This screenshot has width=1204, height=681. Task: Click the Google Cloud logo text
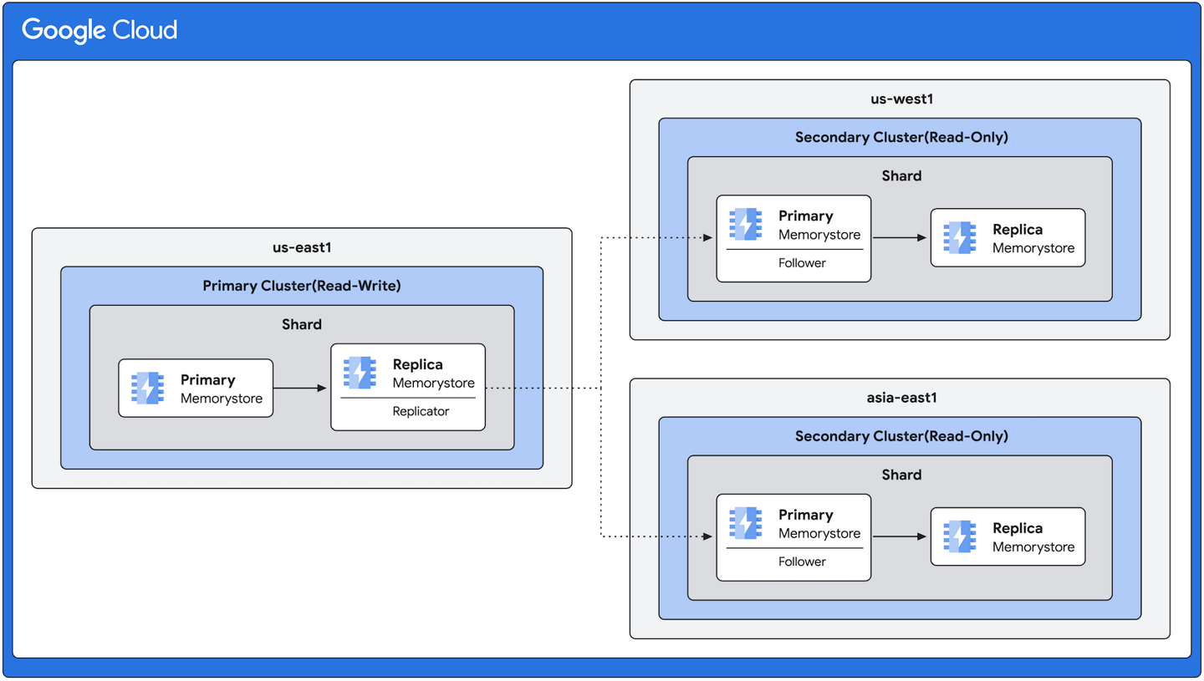point(99,31)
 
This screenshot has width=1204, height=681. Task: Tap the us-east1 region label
point(302,248)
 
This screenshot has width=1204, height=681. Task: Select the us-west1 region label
point(900,99)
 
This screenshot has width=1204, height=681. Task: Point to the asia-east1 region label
point(900,399)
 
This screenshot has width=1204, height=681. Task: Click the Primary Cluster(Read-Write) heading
point(302,286)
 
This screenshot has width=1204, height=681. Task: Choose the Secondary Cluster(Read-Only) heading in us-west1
point(900,137)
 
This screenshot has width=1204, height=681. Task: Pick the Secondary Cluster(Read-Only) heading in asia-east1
point(900,436)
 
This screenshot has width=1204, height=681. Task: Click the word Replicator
point(421,411)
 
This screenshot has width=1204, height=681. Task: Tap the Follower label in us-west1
point(801,262)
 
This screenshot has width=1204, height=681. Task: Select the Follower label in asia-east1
point(801,562)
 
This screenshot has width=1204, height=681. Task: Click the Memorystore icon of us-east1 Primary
point(148,389)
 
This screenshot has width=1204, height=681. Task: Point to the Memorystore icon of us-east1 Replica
point(360,373)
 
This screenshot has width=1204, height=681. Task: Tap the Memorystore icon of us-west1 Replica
point(960,238)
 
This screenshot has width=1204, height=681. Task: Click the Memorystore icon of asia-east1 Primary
point(745,522)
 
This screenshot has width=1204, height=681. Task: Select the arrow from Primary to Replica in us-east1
point(300,388)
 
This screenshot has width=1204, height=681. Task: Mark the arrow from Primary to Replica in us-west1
point(900,238)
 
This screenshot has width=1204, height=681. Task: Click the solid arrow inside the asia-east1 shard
point(900,536)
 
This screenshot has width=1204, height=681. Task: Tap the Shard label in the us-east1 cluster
point(302,324)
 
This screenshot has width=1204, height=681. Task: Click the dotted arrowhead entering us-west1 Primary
point(707,238)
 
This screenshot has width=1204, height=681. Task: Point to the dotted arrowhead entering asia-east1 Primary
point(707,536)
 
